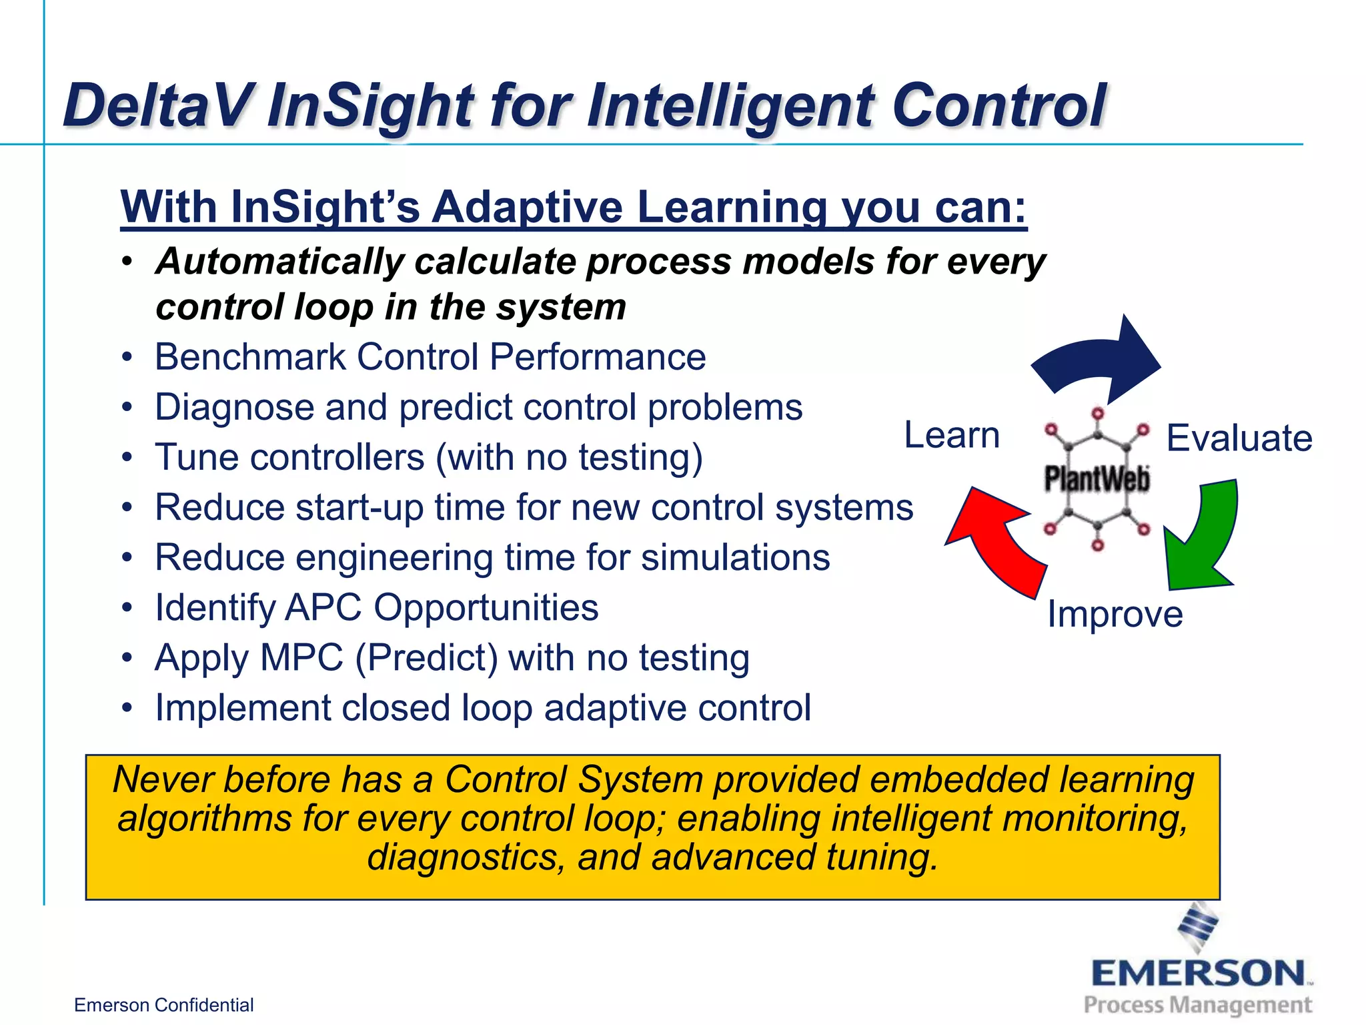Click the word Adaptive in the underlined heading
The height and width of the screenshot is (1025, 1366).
[x=527, y=207]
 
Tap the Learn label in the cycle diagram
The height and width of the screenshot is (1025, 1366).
[x=952, y=436]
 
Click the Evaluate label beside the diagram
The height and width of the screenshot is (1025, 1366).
[x=1239, y=438]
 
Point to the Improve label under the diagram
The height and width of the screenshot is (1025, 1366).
[x=1115, y=614]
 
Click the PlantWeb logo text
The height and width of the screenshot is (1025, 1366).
[x=1097, y=478]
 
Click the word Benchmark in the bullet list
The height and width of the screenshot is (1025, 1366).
[x=249, y=357]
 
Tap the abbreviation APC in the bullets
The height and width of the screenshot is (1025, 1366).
[x=323, y=608]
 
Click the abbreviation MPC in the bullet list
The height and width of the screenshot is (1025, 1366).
[x=301, y=658]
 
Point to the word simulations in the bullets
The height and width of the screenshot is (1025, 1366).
[x=735, y=558]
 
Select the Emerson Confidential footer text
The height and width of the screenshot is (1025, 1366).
[x=163, y=1005]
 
